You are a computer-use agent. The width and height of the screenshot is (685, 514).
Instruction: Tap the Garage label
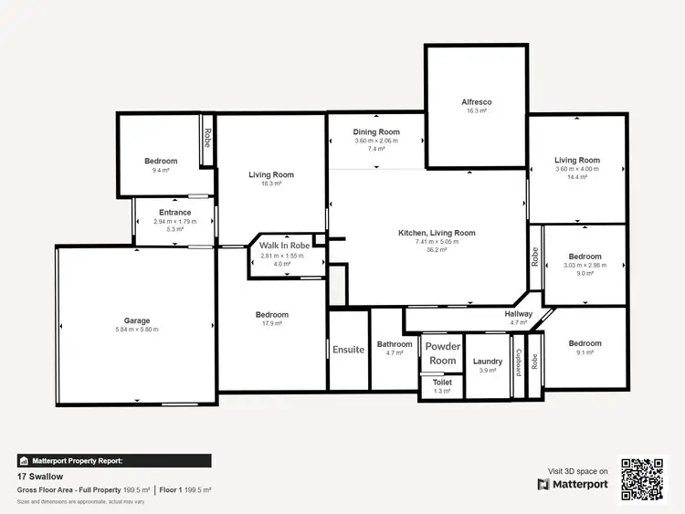[137, 320]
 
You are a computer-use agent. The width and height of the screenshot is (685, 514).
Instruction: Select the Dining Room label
[376, 132]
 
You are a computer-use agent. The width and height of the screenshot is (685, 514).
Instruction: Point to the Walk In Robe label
[285, 246]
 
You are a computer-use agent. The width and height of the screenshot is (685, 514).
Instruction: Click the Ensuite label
[348, 349]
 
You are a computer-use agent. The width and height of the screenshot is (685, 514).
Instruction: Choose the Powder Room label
[443, 353]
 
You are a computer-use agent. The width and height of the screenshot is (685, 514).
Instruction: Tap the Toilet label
[442, 383]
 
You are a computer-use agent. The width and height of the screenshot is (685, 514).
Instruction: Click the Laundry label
[488, 362]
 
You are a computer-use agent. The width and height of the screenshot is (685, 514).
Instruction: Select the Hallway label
[519, 314]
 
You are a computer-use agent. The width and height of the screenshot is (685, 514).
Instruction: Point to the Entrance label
[175, 213]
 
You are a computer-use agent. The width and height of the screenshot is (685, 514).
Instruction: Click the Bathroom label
[395, 344]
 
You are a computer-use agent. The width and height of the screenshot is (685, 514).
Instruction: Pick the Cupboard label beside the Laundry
[519, 362]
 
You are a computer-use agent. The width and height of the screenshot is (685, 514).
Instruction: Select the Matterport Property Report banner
[114, 461]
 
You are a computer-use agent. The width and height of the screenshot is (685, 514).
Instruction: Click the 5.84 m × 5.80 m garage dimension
[137, 330]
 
